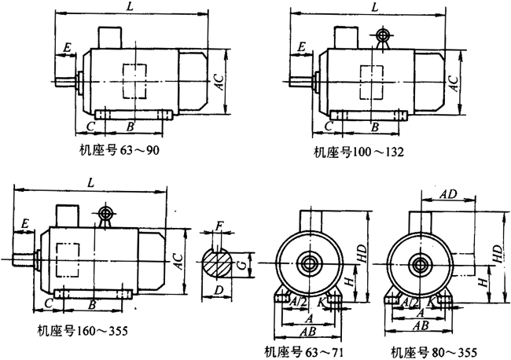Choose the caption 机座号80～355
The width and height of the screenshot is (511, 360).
point(425,351)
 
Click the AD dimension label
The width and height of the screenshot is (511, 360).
point(448,193)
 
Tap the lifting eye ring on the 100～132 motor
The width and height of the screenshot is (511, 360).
point(383,35)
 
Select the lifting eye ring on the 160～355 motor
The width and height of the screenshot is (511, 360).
point(103,213)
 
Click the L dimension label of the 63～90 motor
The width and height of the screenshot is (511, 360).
point(128,7)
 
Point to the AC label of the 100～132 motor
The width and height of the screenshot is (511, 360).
point(453,81)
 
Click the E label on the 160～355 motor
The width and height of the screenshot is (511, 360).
point(26,225)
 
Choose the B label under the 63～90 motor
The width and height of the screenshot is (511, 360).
point(131,126)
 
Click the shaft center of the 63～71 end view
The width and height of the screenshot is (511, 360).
point(309,263)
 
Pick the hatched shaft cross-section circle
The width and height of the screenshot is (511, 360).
point(219,262)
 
